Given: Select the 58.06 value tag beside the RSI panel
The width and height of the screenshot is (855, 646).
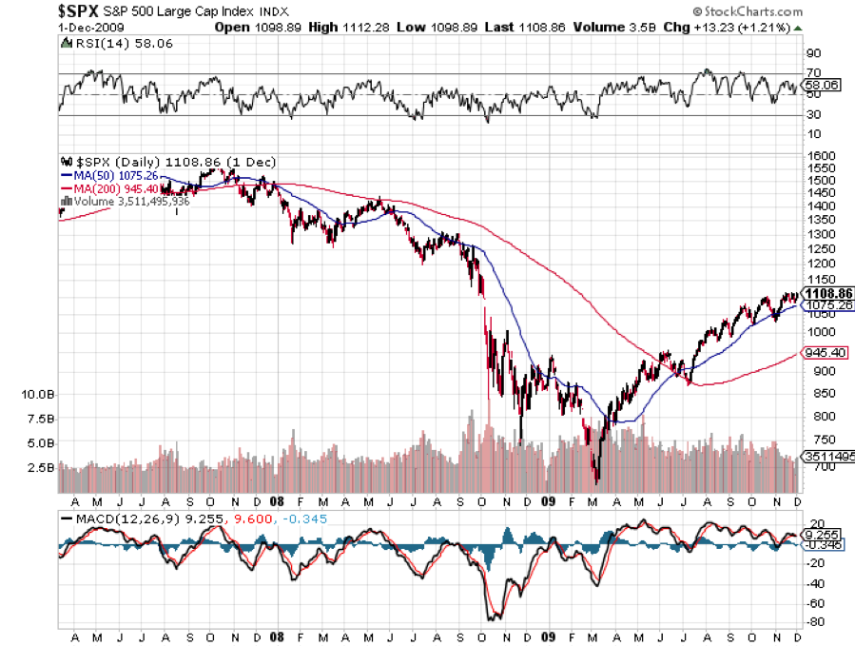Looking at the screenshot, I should tap(823, 85).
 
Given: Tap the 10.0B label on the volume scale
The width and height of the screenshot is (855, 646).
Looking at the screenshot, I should tap(37, 394).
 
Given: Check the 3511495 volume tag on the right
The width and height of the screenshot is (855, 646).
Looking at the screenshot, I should tap(826, 457).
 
